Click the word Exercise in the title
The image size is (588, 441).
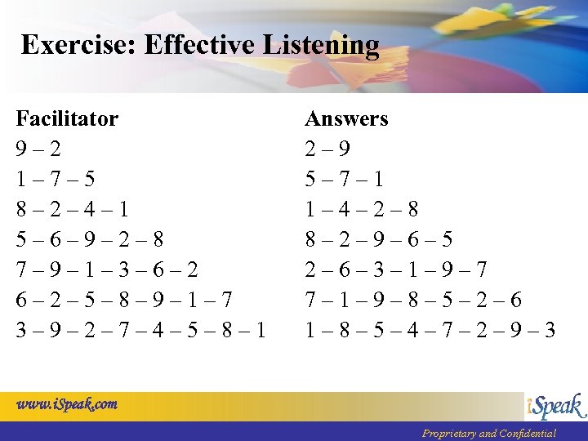(x=78, y=44)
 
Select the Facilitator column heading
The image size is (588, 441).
(x=67, y=119)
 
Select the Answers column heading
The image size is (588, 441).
(x=346, y=119)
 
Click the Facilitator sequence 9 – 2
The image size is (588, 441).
(x=38, y=149)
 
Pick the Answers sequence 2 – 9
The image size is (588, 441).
(x=327, y=149)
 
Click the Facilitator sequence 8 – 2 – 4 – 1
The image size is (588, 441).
(x=72, y=210)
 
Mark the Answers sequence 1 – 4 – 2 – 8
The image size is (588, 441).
(x=361, y=210)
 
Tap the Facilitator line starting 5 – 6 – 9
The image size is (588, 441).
(x=89, y=240)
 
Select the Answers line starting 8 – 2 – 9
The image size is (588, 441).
(x=378, y=240)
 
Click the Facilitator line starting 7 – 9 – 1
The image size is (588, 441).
(x=106, y=269)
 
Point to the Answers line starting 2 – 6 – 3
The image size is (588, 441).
(x=395, y=269)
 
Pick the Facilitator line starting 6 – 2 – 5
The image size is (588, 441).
(x=123, y=300)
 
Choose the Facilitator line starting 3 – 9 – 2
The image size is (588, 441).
(x=140, y=330)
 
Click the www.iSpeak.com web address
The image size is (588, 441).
(x=66, y=403)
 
